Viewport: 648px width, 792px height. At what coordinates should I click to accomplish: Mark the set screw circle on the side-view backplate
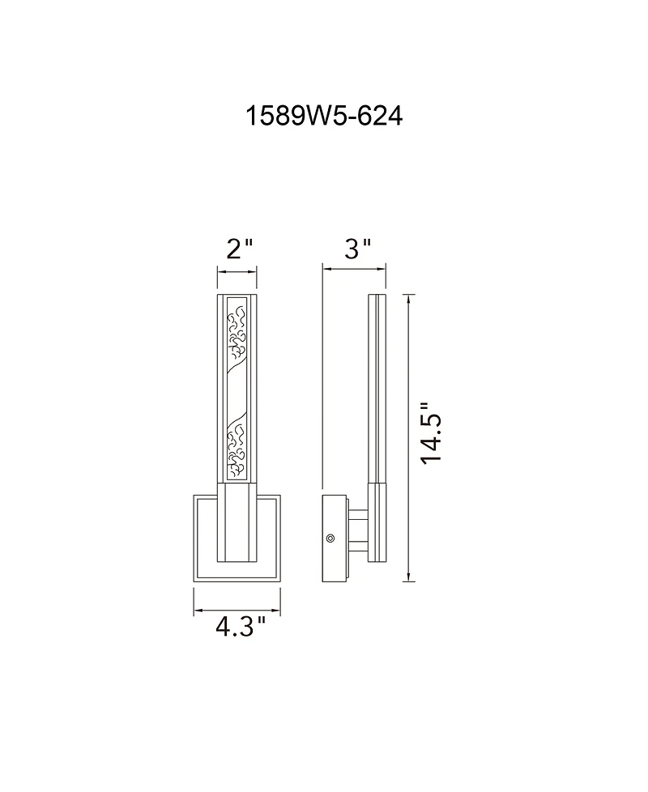click(330, 537)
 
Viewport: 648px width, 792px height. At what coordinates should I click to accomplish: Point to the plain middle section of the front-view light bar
click(237, 393)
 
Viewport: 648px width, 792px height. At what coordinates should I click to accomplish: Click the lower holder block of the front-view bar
click(237, 524)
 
